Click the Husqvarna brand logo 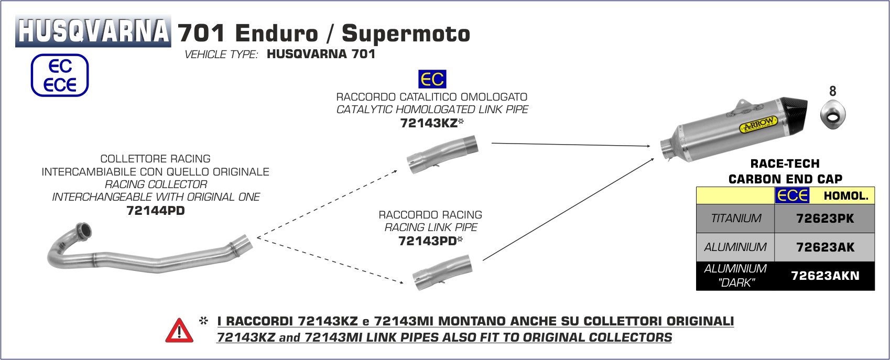[93, 31]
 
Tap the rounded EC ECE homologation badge [60, 75]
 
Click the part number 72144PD [156, 211]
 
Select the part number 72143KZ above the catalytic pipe [429, 123]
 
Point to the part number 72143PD [428, 241]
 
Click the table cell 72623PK [825, 219]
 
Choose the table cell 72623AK [825, 247]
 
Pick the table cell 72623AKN [825, 276]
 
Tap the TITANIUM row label [736, 218]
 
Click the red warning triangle [179, 331]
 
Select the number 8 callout [832, 91]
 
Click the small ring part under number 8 [833, 114]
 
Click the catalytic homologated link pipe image [442, 155]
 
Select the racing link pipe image [442, 272]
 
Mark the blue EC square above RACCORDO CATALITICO [432, 79]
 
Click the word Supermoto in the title [406, 33]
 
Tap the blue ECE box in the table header [792, 195]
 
